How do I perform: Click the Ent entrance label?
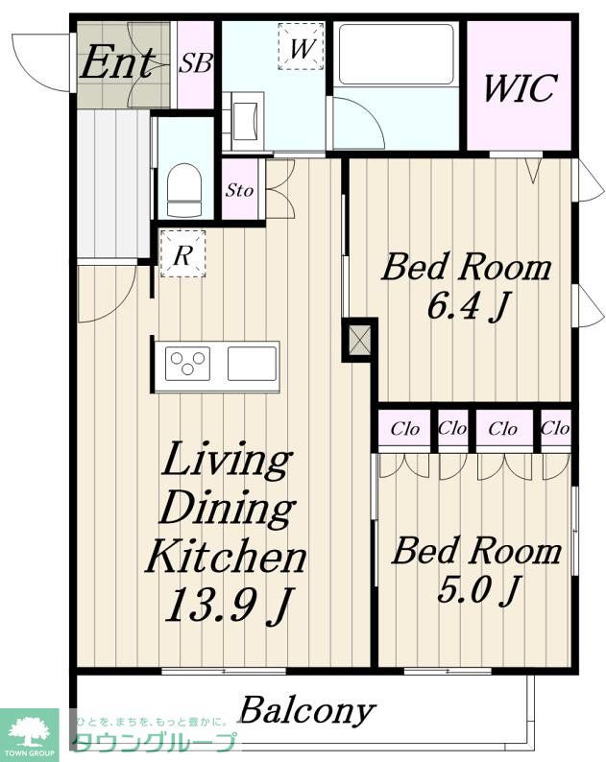tap(117, 62)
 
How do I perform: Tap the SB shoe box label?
tap(196, 63)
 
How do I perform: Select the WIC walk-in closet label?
tap(520, 88)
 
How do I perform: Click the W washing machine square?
tap(301, 47)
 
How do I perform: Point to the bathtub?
tap(397, 55)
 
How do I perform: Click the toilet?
tap(183, 190)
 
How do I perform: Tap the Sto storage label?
tap(239, 190)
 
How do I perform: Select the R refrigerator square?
tap(182, 253)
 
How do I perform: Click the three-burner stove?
tap(187, 363)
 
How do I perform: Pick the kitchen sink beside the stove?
tap(252, 363)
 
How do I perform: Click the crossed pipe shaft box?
tap(360, 340)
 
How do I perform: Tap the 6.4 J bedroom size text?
tap(468, 307)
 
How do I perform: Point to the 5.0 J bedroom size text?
tap(479, 590)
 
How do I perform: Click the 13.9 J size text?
tap(229, 605)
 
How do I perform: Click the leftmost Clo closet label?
tap(404, 429)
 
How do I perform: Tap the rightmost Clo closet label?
tap(555, 428)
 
